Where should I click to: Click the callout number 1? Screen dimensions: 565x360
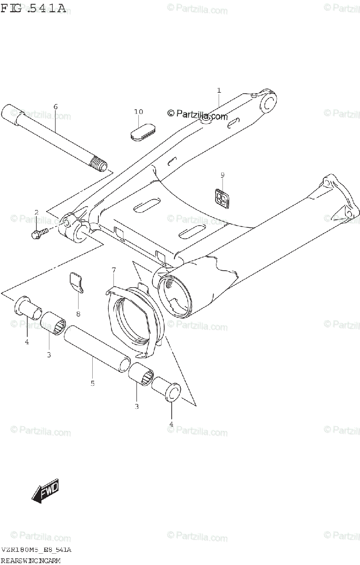pyautogui.click(x=219, y=90)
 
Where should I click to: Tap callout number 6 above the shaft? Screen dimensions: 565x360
pyautogui.click(x=56, y=107)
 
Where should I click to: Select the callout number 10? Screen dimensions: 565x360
pyautogui.click(x=138, y=112)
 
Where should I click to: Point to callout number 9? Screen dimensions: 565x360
pyautogui.click(x=223, y=175)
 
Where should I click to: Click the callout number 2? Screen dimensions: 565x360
pyautogui.click(x=36, y=213)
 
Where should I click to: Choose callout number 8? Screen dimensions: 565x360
pyautogui.click(x=78, y=314)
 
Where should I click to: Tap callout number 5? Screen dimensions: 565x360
pyautogui.click(x=92, y=383)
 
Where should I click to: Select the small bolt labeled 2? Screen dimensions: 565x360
pyautogui.click(x=39, y=232)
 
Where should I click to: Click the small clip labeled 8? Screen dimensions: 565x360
pyautogui.click(x=76, y=282)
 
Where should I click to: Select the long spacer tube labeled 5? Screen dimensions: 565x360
pyautogui.click(x=96, y=350)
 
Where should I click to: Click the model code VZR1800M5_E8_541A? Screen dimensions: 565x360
pyautogui.click(x=36, y=550)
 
